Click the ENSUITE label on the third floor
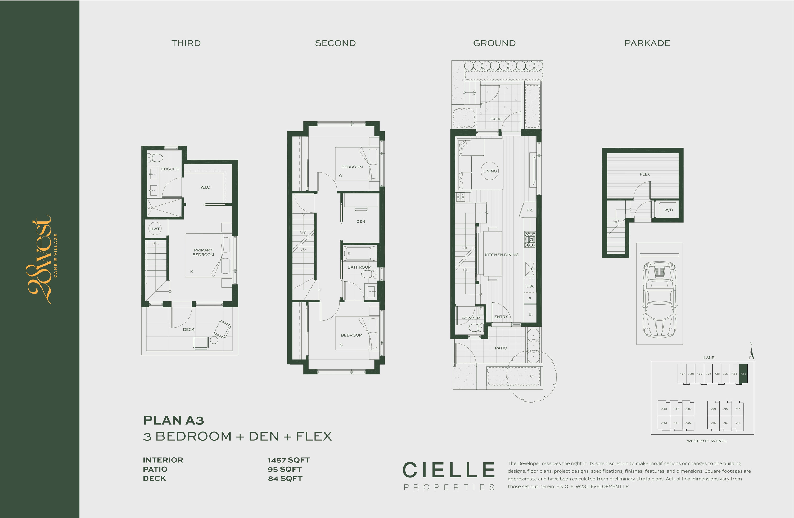pos(170,169)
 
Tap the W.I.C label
pos(205,187)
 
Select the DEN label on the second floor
pos(361,222)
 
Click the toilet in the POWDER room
pos(474,328)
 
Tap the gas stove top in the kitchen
pos(530,240)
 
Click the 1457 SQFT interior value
pos(288,460)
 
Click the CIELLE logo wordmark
pos(449,470)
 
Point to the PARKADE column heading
pos(647,43)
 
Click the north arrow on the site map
pos(751,354)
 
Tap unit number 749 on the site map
pos(664,409)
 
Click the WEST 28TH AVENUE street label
pos(707,441)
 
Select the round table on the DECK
pos(214,340)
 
